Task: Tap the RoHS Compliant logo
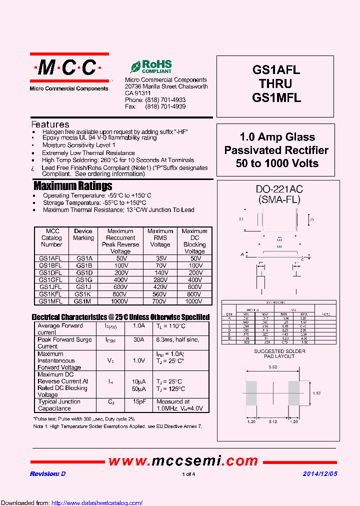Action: tap(151, 67)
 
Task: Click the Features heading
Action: tap(50, 124)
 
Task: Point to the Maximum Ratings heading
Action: tap(73, 186)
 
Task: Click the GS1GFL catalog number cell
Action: tap(50, 280)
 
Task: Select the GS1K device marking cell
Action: tap(83, 294)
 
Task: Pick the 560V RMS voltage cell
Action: tap(160, 294)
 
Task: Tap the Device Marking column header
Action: tap(83, 234)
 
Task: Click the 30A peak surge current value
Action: tap(138, 339)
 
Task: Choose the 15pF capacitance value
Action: tap(138, 401)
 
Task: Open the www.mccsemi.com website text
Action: tap(183, 461)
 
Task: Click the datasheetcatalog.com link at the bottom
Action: tap(97, 503)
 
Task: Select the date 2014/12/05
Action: tap(320, 474)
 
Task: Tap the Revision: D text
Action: tap(47, 474)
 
